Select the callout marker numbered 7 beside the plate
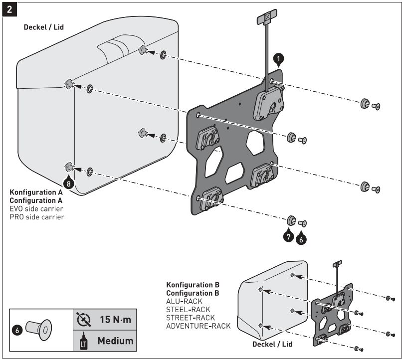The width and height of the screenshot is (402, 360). point(289,236)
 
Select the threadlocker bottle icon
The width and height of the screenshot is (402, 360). point(83,342)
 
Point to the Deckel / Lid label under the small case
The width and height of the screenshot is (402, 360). point(272,344)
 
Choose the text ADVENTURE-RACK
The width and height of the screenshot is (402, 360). point(199,326)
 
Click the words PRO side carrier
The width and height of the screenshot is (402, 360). point(37,217)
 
